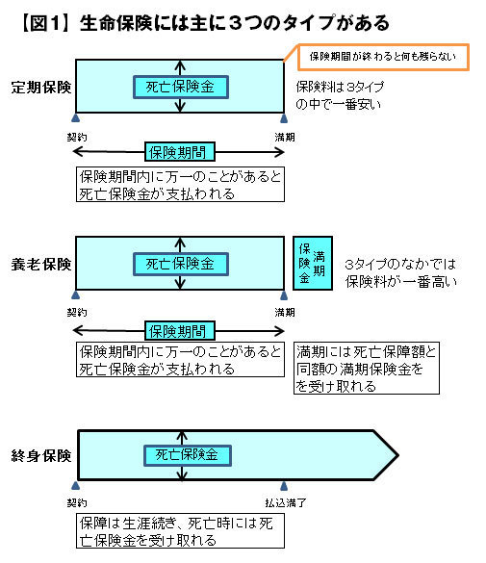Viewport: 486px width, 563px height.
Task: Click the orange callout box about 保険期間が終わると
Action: coord(383,57)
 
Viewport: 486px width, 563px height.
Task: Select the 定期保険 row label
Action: coord(41,88)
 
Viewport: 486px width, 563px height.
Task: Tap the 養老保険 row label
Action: coord(41,265)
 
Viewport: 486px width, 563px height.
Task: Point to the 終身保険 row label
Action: coord(41,455)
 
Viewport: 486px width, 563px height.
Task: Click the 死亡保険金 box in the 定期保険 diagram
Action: coord(181,87)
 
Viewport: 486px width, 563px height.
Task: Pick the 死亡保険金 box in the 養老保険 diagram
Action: coord(181,265)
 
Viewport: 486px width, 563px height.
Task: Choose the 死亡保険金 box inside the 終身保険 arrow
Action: coord(188,455)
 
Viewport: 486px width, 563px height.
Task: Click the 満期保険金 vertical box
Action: coord(313,263)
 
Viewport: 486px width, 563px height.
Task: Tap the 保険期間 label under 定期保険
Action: coord(180,152)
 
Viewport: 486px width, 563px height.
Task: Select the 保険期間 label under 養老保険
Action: coord(180,331)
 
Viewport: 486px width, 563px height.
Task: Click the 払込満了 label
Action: coord(286,502)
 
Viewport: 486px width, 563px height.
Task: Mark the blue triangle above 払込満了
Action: coord(284,486)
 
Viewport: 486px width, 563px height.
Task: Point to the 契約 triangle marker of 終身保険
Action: coord(75,486)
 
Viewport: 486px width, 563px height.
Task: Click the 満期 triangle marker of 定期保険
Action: coord(284,118)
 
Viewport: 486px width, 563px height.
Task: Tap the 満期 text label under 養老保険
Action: coord(285,313)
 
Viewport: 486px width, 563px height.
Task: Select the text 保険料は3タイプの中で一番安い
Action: coord(340,95)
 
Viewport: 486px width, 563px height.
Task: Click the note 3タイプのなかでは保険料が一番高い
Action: coord(400,273)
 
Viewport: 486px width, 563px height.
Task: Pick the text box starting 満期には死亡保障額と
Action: coord(367,368)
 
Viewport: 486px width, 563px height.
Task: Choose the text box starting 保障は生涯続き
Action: coord(180,530)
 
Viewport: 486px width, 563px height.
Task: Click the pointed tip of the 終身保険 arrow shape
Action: coord(397,455)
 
